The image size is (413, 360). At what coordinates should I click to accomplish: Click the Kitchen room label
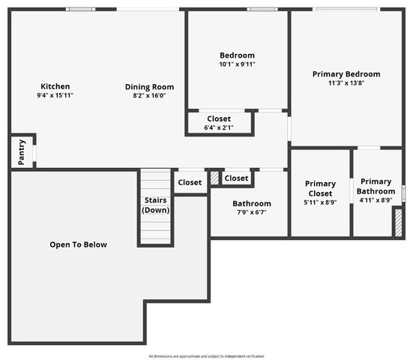pyautogui.click(x=55, y=86)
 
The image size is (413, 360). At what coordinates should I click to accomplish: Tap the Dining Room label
pyautogui.click(x=149, y=87)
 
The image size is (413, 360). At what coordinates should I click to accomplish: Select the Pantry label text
pyautogui.click(x=22, y=152)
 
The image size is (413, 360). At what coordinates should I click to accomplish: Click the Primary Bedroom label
pyautogui.click(x=346, y=74)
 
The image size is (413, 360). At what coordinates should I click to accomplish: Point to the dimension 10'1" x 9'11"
pyautogui.click(x=237, y=64)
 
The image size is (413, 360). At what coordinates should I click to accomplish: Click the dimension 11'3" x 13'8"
pyautogui.click(x=346, y=83)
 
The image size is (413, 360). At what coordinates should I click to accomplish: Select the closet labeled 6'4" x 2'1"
pyautogui.click(x=219, y=123)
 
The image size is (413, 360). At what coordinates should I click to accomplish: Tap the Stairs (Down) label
pyautogui.click(x=156, y=205)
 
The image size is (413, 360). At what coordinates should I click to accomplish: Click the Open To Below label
pyautogui.click(x=78, y=244)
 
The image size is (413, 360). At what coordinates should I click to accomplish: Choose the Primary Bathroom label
pyautogui.click(x=376, y=186)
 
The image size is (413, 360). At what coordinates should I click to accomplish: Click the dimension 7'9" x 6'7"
pyautogui.click(x=251, y=212)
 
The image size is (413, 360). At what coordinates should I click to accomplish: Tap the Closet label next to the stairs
pyautogui.click(x=190, y=182)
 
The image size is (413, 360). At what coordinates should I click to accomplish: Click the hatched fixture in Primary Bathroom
pyautogui.click(x=397, y=223)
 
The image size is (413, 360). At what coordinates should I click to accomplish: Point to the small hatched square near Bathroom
pyautogui.click(x=214, y=178)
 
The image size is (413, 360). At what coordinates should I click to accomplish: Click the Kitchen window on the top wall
pyautogui.click(x=79, y=9)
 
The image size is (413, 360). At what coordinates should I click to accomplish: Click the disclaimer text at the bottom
pyautogui.click(x=206, y=355)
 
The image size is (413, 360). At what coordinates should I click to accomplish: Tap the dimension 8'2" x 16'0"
pyautogui.click(x=149, y=96)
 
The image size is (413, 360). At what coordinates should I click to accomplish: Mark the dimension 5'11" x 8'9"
pyautogui.click(x=320, y=202)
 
